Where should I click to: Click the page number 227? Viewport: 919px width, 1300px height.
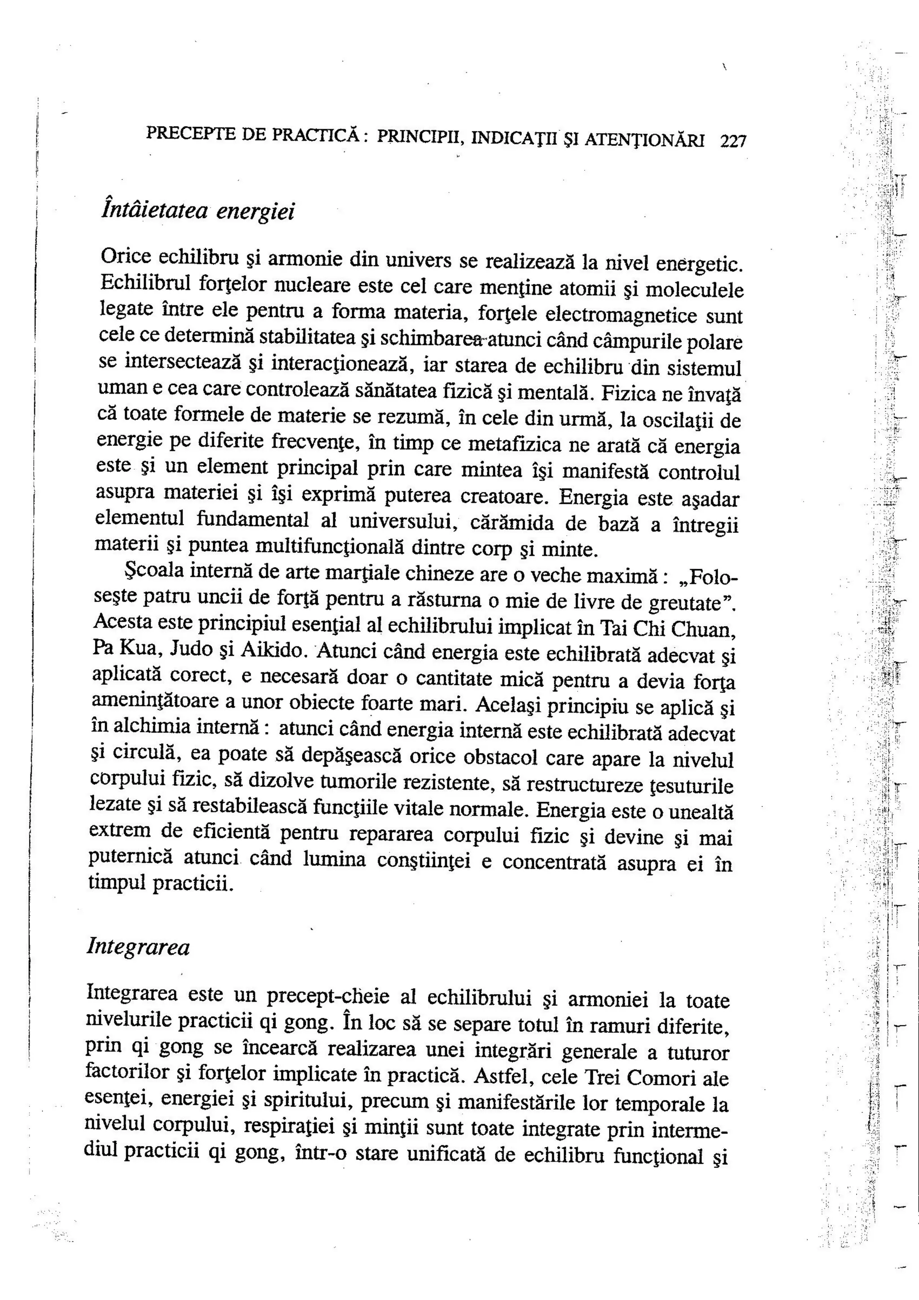tap(733, 140)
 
